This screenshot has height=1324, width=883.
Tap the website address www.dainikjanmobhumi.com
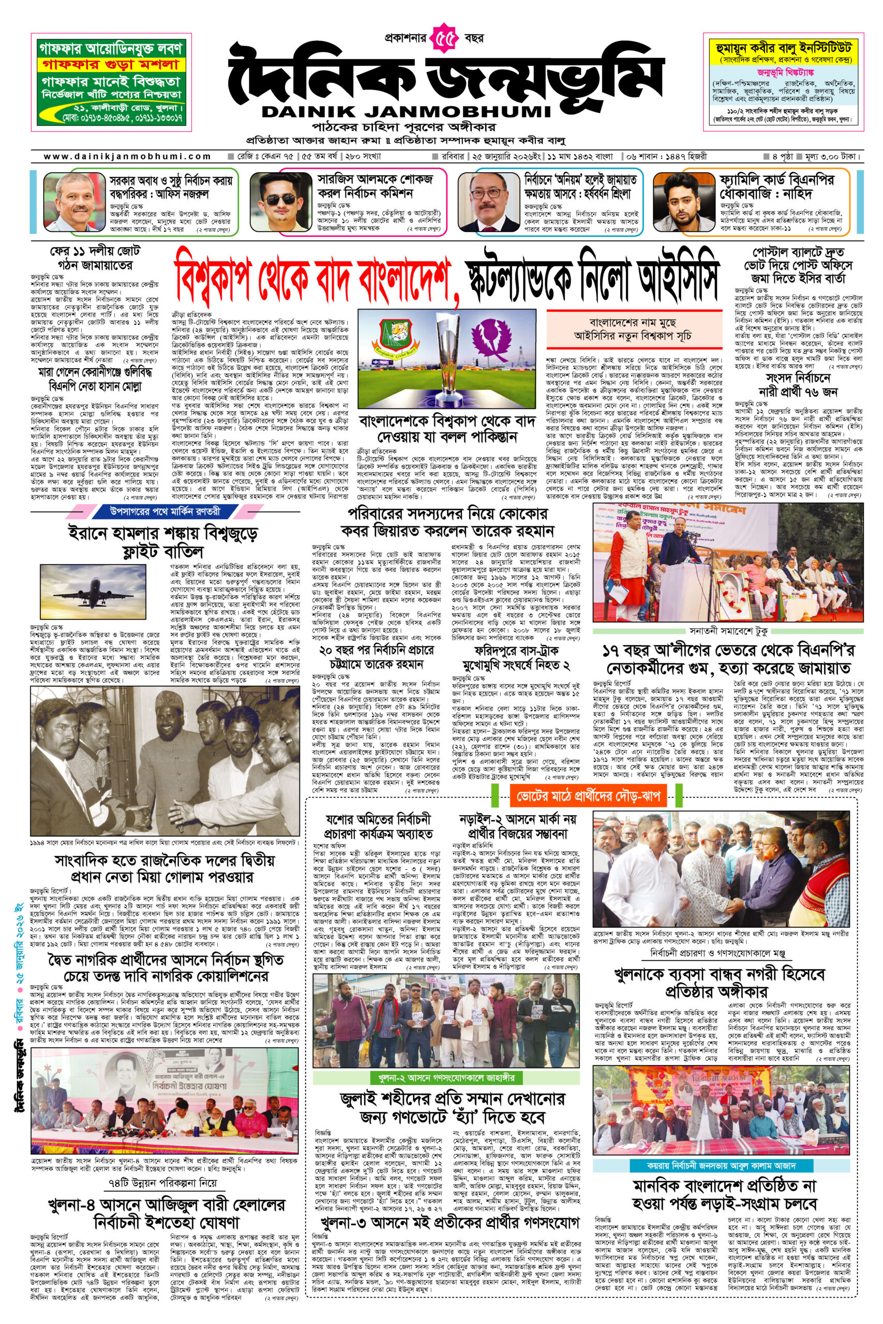pos(127,157)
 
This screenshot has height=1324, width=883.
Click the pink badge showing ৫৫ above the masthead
pos(446,39)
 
